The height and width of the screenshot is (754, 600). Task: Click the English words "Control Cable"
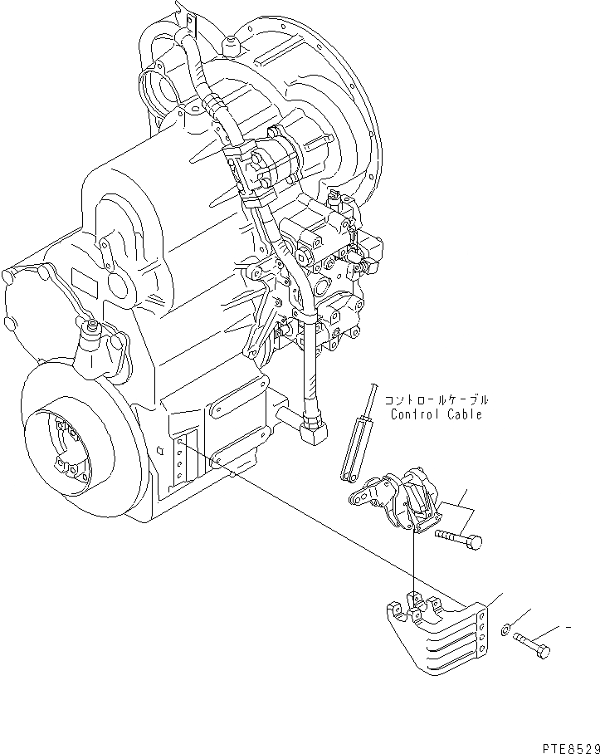point(434,414)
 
